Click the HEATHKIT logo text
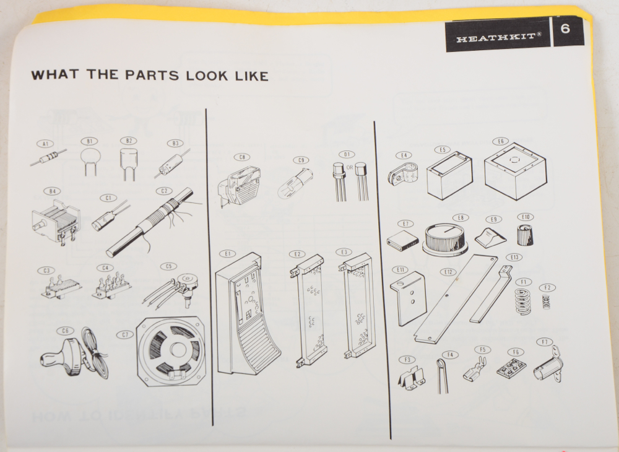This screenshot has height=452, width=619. (498, 38)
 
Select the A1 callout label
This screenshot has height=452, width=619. (45, 144)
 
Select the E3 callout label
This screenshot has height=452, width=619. (344, 253)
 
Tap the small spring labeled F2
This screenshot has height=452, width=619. (546, 302)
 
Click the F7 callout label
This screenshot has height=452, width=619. (543, 342)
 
